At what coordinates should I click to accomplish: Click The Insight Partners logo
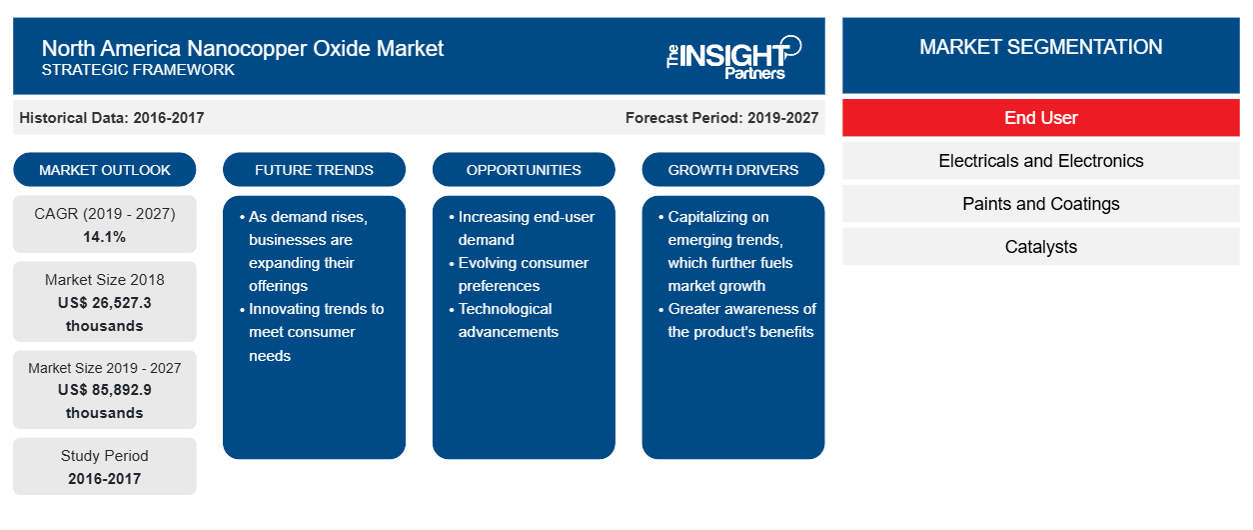click(x=733, y=58)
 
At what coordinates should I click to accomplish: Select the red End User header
click(x=1040, y=118)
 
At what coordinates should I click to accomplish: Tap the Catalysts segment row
click(x=1040, y=246)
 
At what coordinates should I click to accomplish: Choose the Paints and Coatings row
click(x=1040, y=204)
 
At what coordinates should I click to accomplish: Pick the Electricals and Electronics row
click(x=1040, y=161)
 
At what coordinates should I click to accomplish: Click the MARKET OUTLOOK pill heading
click(x=105, y=170)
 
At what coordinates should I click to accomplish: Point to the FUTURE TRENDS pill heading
click(x=314, y=170)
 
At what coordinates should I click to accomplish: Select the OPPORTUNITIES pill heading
click(x=524, y=170)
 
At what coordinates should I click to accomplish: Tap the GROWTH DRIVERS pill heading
click(x=732, y=170)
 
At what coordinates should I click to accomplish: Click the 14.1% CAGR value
click(x=105, y=237)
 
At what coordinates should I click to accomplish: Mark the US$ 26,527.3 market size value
click(x=105, y=303)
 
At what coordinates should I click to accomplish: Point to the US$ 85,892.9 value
click(x=105, y=390)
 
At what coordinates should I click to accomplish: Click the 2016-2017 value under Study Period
click(x=105, y=479)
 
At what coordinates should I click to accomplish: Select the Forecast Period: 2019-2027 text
click(x=721, y=118)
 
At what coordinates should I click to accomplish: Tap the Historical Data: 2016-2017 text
click(x=111, y=118)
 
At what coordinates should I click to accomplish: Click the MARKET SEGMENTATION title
click(x=1040, y=47)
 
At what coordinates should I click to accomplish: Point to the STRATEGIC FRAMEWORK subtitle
click(x=138, y=70)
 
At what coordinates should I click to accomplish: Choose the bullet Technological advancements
click(x=508, y=320)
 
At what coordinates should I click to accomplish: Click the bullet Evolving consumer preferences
click(x=523, y=274)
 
